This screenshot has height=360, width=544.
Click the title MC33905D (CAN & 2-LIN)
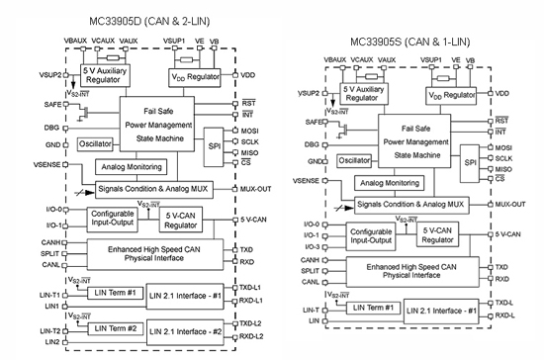point(135,11)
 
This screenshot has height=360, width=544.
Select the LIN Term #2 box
point(113,327)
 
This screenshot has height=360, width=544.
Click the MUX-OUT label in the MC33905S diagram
point(511,204)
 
